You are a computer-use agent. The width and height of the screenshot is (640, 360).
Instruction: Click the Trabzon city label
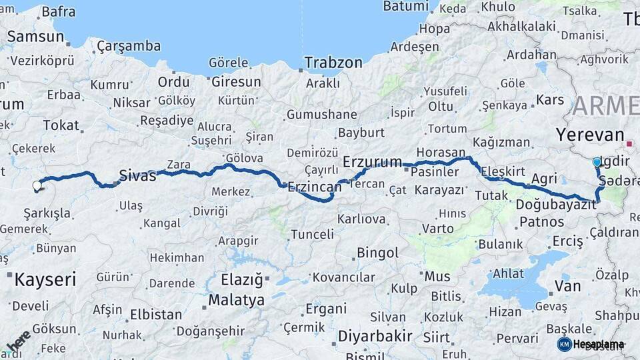tap(333, 63)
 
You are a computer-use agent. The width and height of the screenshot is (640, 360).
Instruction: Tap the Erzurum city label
tap(372, 161)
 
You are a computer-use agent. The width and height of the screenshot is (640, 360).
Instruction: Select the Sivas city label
tap(137, 176)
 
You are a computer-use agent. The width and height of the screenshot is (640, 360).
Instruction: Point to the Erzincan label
tap(314, 188)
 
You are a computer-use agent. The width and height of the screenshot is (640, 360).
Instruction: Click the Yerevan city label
tap(589, 134)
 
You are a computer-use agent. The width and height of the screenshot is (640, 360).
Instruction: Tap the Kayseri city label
tap(45, 278)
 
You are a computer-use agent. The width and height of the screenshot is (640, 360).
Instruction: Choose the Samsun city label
tap(35, 37)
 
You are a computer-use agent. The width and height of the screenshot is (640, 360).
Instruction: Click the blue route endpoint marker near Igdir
tap(597, 162)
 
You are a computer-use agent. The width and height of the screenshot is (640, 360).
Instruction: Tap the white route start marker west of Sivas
tap(37, 186)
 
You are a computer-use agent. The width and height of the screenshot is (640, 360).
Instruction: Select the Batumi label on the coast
tap(405, 7)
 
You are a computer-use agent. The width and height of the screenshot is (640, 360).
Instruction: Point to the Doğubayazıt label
tap(556, 205)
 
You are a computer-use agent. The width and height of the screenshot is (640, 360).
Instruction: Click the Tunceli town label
tap(312, 234)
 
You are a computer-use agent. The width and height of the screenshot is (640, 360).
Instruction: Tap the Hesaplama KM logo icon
tap(565, 344)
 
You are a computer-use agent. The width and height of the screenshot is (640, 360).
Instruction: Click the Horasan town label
tap(441, 152)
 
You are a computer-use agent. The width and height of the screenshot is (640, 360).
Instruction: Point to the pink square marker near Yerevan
tap(629, 143)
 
